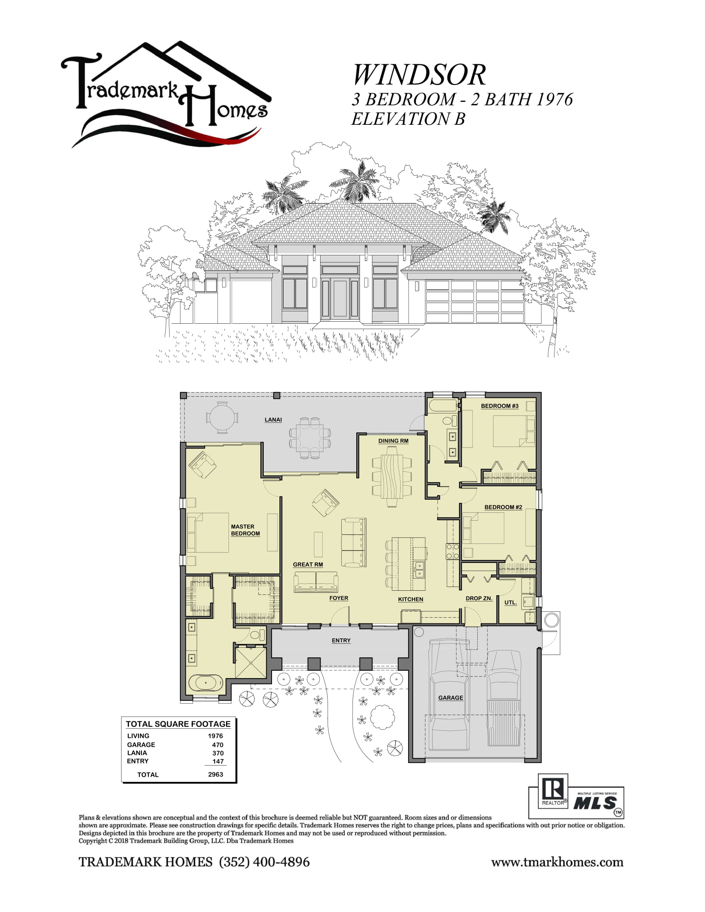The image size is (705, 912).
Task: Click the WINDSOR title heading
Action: click(419, 75)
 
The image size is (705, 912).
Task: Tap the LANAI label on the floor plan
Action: click(273, 420)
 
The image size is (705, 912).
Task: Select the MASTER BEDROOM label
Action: click(245, 530)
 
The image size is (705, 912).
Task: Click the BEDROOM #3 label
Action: click(500, 406)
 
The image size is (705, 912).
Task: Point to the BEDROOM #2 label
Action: click(503, 507)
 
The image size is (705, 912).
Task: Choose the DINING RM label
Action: click(393, 441)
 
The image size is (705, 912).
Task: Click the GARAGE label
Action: click(450, 697)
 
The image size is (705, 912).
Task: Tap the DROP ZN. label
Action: click(479, 598)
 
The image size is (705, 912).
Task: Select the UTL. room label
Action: click(511, 602)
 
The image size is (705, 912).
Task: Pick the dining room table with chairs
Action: click(392, 476)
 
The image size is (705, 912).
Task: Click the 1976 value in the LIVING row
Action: click(216, 736)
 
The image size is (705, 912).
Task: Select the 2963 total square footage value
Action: click(216, 774)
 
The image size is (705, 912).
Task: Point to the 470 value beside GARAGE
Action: click(218, 745)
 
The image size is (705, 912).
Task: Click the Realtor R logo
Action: click(553, 791)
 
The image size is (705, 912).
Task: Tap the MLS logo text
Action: click(595, 803)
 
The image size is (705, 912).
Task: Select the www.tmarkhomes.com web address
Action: click(557, 862)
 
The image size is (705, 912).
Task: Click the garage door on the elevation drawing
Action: click(474, 301)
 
